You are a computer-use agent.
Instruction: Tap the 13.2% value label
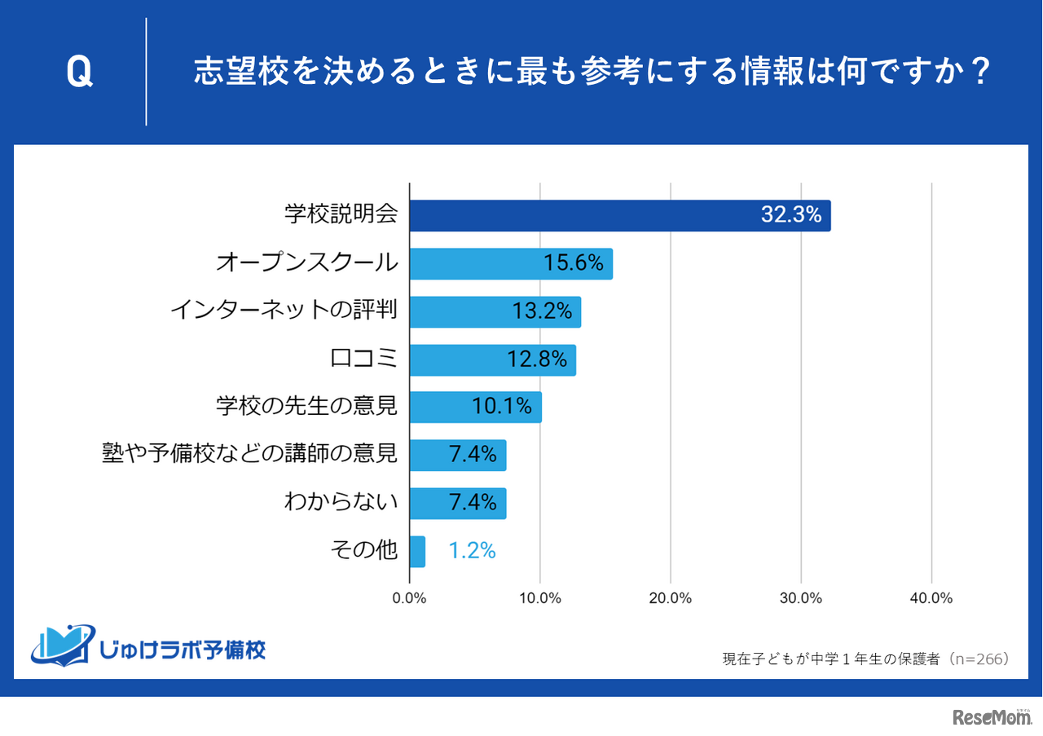click(542, 311)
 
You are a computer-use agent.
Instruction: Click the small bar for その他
click(417, 552)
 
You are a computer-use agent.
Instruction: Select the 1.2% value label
click(472, 552)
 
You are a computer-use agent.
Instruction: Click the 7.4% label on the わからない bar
click(472, 504)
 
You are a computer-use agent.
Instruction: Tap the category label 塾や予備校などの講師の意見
click(249, 455)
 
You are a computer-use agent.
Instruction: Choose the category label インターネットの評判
click(284, 311)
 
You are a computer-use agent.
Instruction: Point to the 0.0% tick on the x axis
click(409, 598)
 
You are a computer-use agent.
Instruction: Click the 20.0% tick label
click(670, 598)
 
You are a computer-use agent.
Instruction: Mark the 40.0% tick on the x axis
click(931, 598)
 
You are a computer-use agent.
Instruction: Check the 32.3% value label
click(790, 216)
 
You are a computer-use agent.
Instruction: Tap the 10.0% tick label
click(539, 598)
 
